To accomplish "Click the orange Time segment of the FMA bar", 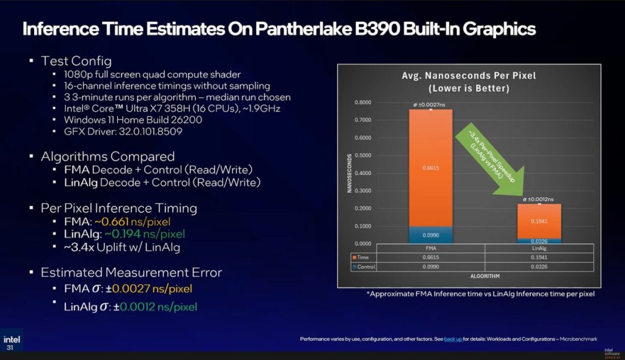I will click(x=431, y=168).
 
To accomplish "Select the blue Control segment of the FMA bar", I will click(x=431, y=235).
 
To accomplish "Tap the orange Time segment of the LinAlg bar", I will click(x=539, y=221).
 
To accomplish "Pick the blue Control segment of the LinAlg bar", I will click(x=539, y=241).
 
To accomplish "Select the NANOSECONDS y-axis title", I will click(x=350, y=173).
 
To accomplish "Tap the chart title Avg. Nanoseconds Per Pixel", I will click(x=469, y=76).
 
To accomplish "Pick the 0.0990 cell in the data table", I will click(x=431, y=267).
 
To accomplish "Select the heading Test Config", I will click(x=76, y=61).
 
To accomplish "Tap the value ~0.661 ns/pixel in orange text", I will click(x=132, y=221).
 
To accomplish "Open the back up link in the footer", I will click(x=452, y=339).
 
